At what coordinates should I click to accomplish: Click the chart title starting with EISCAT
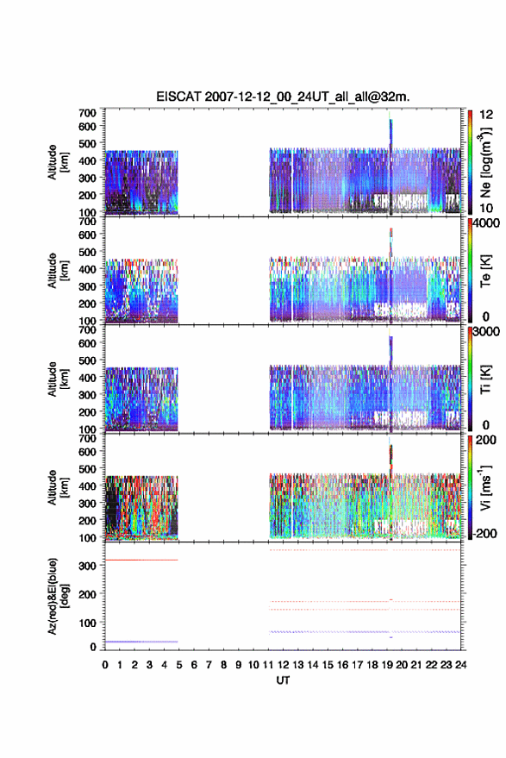point(283,97)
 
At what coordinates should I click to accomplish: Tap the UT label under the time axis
point(283,680)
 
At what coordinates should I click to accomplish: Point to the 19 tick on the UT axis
point(387,665)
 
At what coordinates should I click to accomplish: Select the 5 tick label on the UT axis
point(179,665)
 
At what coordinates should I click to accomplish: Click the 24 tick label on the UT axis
point(461,665)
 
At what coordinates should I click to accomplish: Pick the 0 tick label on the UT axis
point(105,665)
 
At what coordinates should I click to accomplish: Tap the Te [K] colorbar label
point(485,271)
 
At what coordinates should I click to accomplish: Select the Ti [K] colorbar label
point(485,379)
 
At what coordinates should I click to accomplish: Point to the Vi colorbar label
point(485,488)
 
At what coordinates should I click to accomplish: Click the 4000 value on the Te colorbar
point(486,223)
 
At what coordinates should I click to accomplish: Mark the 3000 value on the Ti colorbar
point(486,332)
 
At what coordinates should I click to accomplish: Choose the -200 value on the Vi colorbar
point(484,534)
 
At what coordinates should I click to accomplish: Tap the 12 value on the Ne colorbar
point(487,115)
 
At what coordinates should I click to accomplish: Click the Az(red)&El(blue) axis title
point(59,596)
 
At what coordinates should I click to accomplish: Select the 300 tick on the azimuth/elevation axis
point(87,566)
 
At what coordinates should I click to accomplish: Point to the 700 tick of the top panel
point(87,113)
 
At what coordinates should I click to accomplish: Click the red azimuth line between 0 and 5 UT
point(141,560)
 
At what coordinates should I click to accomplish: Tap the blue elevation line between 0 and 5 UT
point(141,642)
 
